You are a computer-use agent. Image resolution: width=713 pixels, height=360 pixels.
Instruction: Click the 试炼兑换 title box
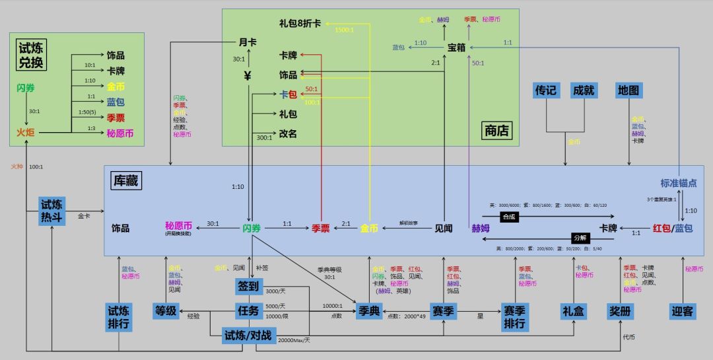pyautogui.click(x=32, y=55)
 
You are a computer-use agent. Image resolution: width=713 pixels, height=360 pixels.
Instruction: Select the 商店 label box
pyautogui.click(x=496, y=130)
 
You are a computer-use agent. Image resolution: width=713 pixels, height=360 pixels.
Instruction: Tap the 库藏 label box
pyautogui.click(x=124, y=180)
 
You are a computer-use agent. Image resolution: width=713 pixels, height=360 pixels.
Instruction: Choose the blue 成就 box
pyautogui.click(x=584, y=90)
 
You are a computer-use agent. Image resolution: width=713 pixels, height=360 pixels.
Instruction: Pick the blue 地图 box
pyautogui.click(x=628, y=90)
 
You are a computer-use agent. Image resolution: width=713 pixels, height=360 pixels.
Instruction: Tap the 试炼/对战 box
pyautogui.click(x=248, y=335)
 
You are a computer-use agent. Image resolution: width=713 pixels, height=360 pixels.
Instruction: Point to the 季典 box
pyautogui.click(x=368, y=310)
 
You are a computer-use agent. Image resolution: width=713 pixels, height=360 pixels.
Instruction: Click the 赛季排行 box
pyautogui.click(x=515, y=316)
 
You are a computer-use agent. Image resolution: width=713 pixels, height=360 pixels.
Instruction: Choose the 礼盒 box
pyautogui.click(x=573, y=310)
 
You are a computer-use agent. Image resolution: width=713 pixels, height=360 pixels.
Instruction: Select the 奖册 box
pyautogui.click(x=620, y=310)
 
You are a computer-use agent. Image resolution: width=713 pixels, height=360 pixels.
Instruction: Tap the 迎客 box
pyautogui.click(x=683, y=310)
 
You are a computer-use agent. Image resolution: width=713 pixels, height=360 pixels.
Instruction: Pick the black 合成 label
pyautogui.click(x=508, y=215)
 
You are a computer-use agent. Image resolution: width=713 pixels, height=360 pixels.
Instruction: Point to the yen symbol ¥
pyautogui.click(x=248, y=75)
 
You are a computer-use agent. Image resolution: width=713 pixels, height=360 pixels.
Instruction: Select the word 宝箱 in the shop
pyautogui.click(x=457, y=48)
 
